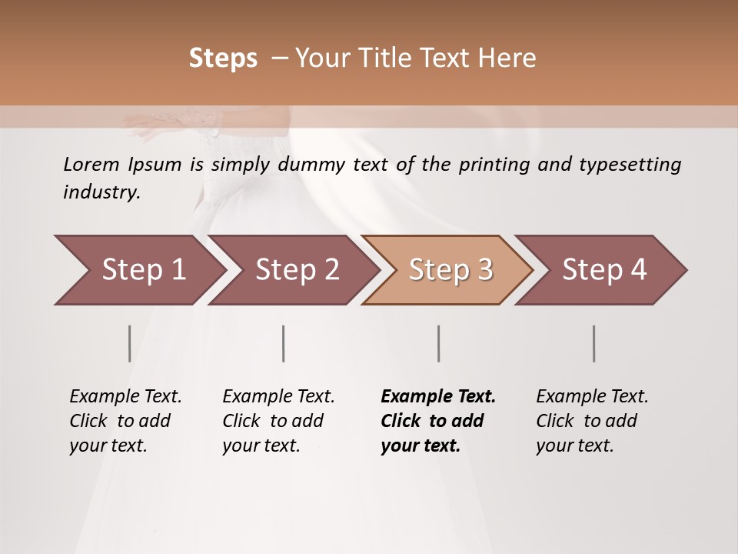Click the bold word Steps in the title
pyautogui.click(x=223, y=58)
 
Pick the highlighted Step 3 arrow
pyautogui.click(x=450, y=270)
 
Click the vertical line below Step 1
pyautogui.click(x=129, y=343)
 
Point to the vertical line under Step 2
pyautogui.click(x=284, y=343)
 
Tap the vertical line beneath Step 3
pyautogui.click(x=438, y=343)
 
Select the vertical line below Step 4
pyautogui.click(x=593, y=343)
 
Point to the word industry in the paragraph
pyautogui.click(x=101, y=192)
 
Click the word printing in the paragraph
pyautogui.click(x=494, y=165)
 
